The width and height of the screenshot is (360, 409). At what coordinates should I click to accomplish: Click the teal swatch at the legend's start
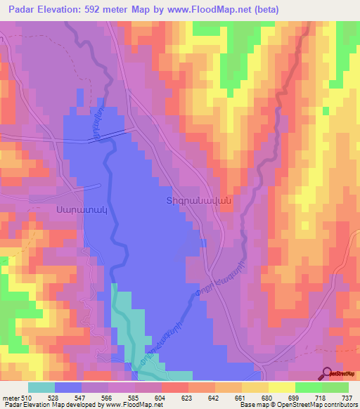tap(41, 388)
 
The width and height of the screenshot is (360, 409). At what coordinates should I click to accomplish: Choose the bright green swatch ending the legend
tap(335, 388)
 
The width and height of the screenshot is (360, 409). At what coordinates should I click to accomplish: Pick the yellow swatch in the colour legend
tap(281, 388)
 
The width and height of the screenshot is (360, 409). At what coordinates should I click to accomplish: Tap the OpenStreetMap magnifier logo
tap(328, 373)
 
